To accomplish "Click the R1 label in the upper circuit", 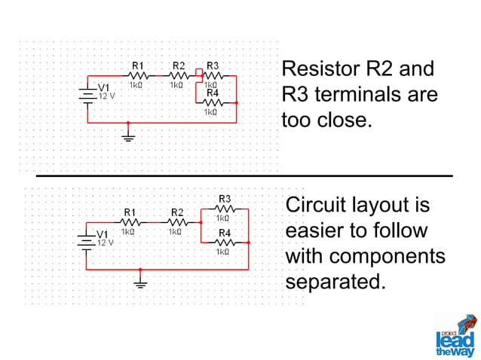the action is click(x=138, y=66).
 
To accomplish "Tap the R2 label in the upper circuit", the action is click(x=179, y=66).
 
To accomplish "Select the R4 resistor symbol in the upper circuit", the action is click(x=213, y=103).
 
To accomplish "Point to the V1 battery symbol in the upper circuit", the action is click(x=87, y=95).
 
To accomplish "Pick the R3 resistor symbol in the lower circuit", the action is click(x=225, y=209).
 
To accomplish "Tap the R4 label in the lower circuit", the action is click(x=225, y=233).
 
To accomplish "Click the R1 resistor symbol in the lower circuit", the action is click(x=130, y=222).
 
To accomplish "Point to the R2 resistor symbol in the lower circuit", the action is click(x=177, y=222).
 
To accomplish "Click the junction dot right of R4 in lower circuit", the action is click(x=248, y=243).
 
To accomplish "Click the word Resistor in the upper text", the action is click(x=321, y=69).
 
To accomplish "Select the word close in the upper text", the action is click(x=345, y=120).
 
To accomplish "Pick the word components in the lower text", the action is click(x=387, y=256).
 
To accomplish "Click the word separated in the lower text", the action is click(x=335, y=281).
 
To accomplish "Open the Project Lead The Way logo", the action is click(x=457, y=336).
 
